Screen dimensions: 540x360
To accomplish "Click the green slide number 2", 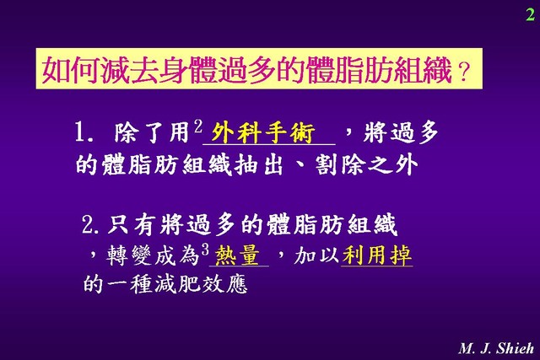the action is click(530, 14).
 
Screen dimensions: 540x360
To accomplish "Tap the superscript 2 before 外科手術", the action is click(198, 126).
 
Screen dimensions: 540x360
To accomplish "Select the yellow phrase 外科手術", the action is click(262, 133).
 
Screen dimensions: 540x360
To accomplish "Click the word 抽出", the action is click(259, 165).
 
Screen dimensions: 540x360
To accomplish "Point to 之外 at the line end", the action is click(393, 165).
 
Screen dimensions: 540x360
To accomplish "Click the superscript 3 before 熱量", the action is click(206, 250).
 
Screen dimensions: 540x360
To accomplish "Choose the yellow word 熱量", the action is click(237, 256).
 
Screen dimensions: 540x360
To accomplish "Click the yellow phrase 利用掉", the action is click(377, 255).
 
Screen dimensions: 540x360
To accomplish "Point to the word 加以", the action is click(316, 255).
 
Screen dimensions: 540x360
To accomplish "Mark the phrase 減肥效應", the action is click(201, 284).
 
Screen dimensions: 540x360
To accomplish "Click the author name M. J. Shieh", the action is click(496, 348).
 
